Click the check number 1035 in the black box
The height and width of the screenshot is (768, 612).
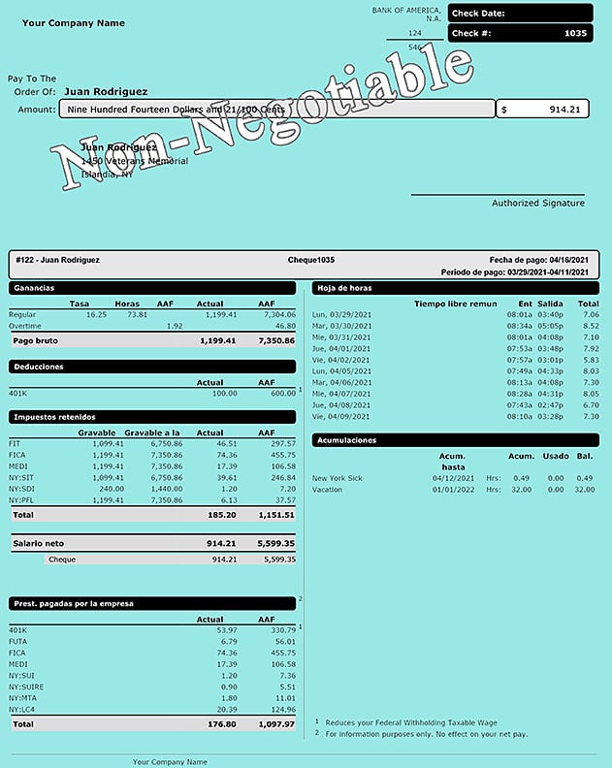coord(576,34)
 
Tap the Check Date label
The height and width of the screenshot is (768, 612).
coord(478,14)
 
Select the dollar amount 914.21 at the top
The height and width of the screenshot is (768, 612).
coord(564,110)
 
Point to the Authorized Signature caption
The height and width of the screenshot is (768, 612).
coord(537,203)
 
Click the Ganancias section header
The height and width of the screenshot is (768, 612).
coord(34,288)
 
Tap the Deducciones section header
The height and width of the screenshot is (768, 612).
coord(38,368)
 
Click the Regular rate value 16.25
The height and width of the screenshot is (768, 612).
coord(96,315)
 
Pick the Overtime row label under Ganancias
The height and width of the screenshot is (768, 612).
coord(25,327)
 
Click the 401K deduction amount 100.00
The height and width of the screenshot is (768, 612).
coord(224,394)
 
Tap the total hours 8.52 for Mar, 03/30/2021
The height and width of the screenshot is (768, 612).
coord(589,326)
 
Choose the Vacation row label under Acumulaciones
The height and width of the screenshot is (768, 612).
coord(329,490)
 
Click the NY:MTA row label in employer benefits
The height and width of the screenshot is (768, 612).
coord(24,698)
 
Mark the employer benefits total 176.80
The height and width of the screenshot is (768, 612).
coord(223,723)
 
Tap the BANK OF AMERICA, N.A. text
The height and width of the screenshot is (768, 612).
coord(406,14)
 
